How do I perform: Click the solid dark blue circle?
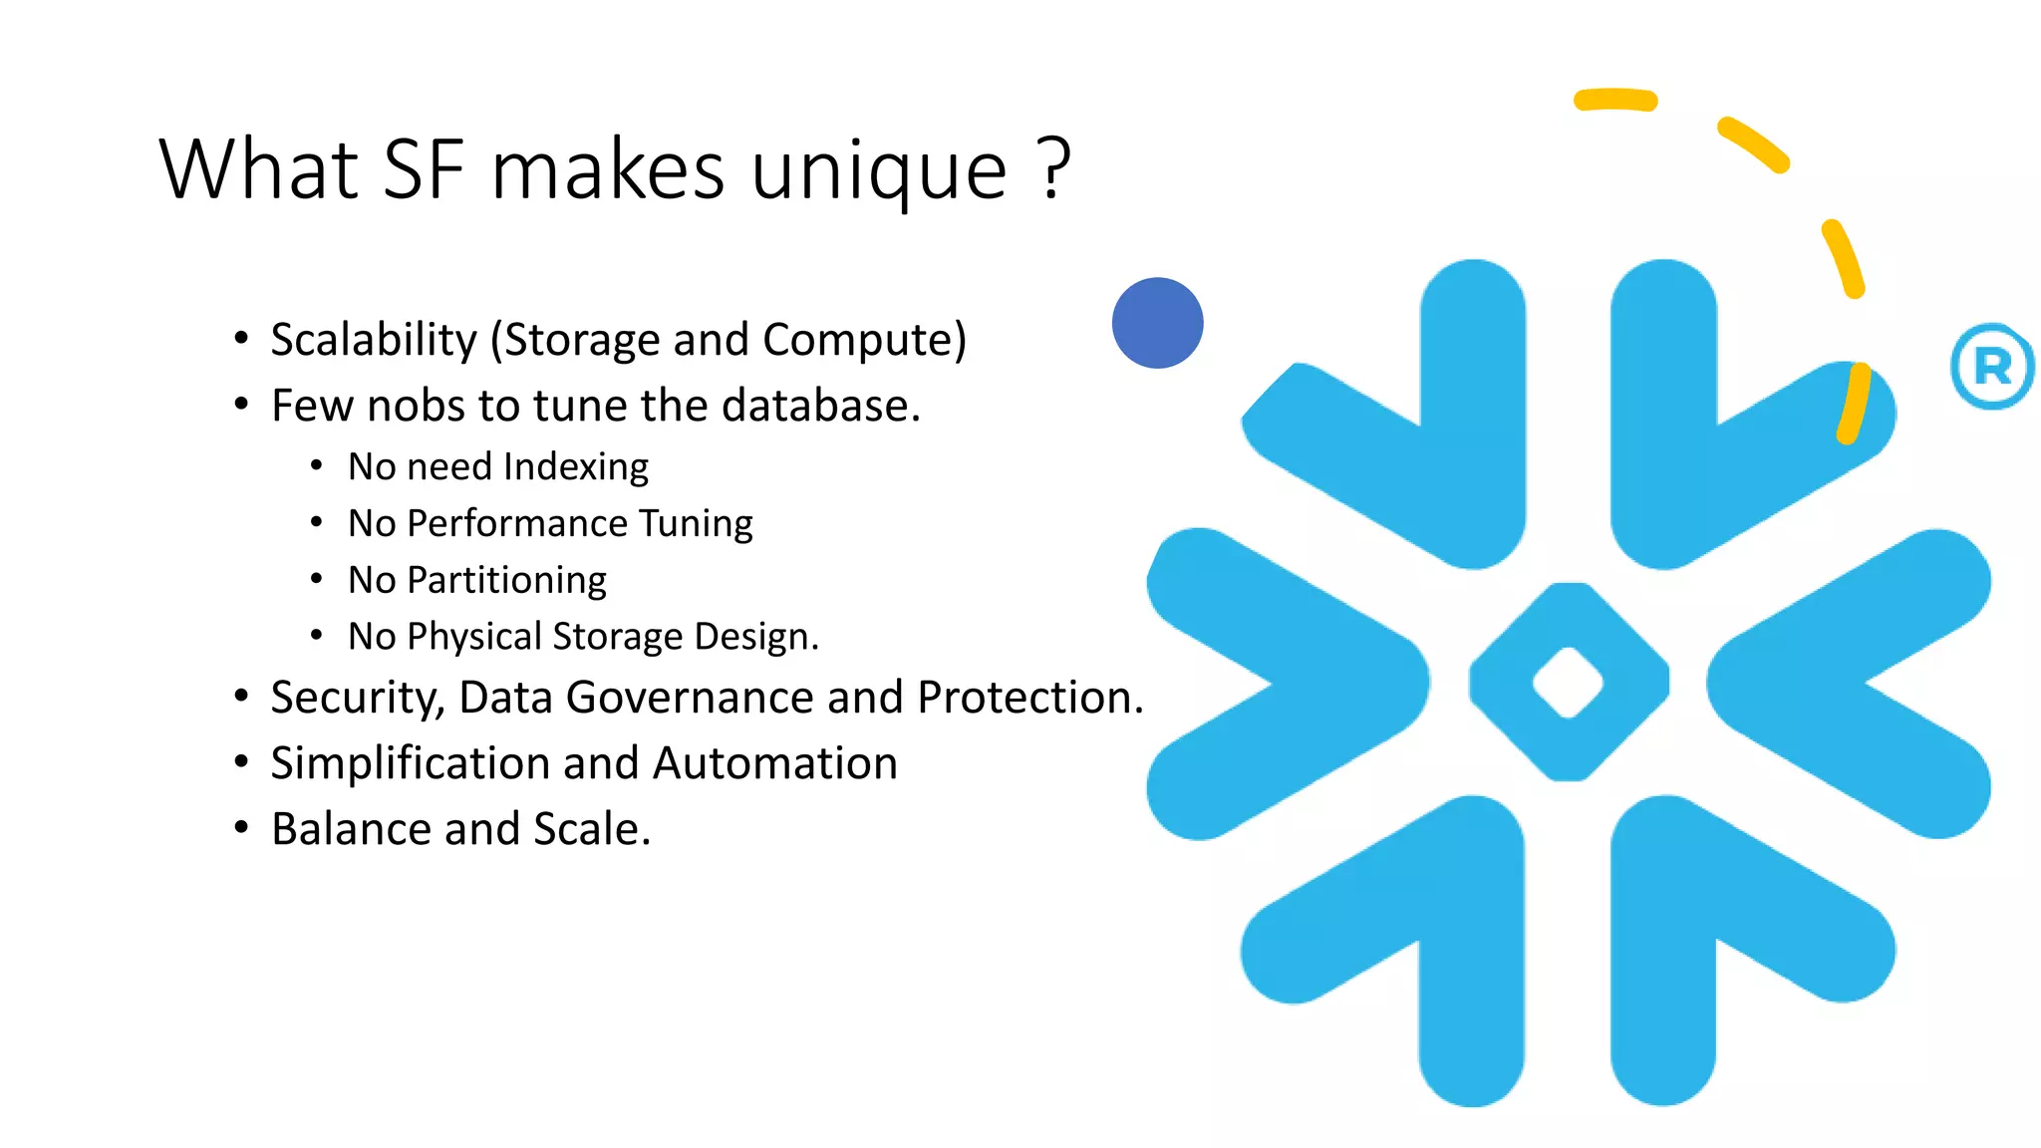coord(1157,323)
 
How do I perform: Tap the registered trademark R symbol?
coord(1991,367)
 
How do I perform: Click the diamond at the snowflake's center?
coord(1568,683)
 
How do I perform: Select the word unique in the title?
coord(878,171)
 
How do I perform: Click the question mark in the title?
coord(1054,167)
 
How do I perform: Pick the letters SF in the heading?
coord(424,169)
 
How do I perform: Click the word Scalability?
coord(374,340)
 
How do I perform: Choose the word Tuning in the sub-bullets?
coord(696,523)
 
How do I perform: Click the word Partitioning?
coord(506,580)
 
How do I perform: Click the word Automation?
coord(775,763)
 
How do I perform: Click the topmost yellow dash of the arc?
coord(1614,100)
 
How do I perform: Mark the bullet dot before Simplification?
coord(241,762)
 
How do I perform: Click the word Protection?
coord(1029,698)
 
